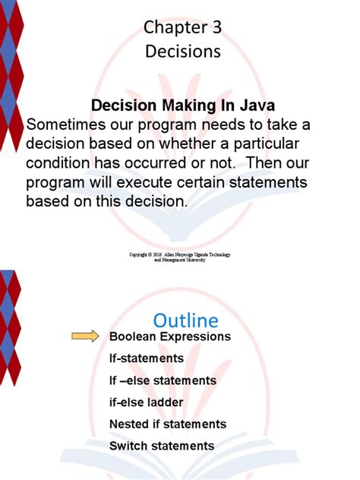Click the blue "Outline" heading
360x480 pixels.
185,320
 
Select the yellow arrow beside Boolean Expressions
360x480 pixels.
85,336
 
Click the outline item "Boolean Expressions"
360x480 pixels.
169,336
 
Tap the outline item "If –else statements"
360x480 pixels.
163,381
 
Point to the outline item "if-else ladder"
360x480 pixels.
146,403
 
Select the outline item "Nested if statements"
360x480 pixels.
168,424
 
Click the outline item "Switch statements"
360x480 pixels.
162,446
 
